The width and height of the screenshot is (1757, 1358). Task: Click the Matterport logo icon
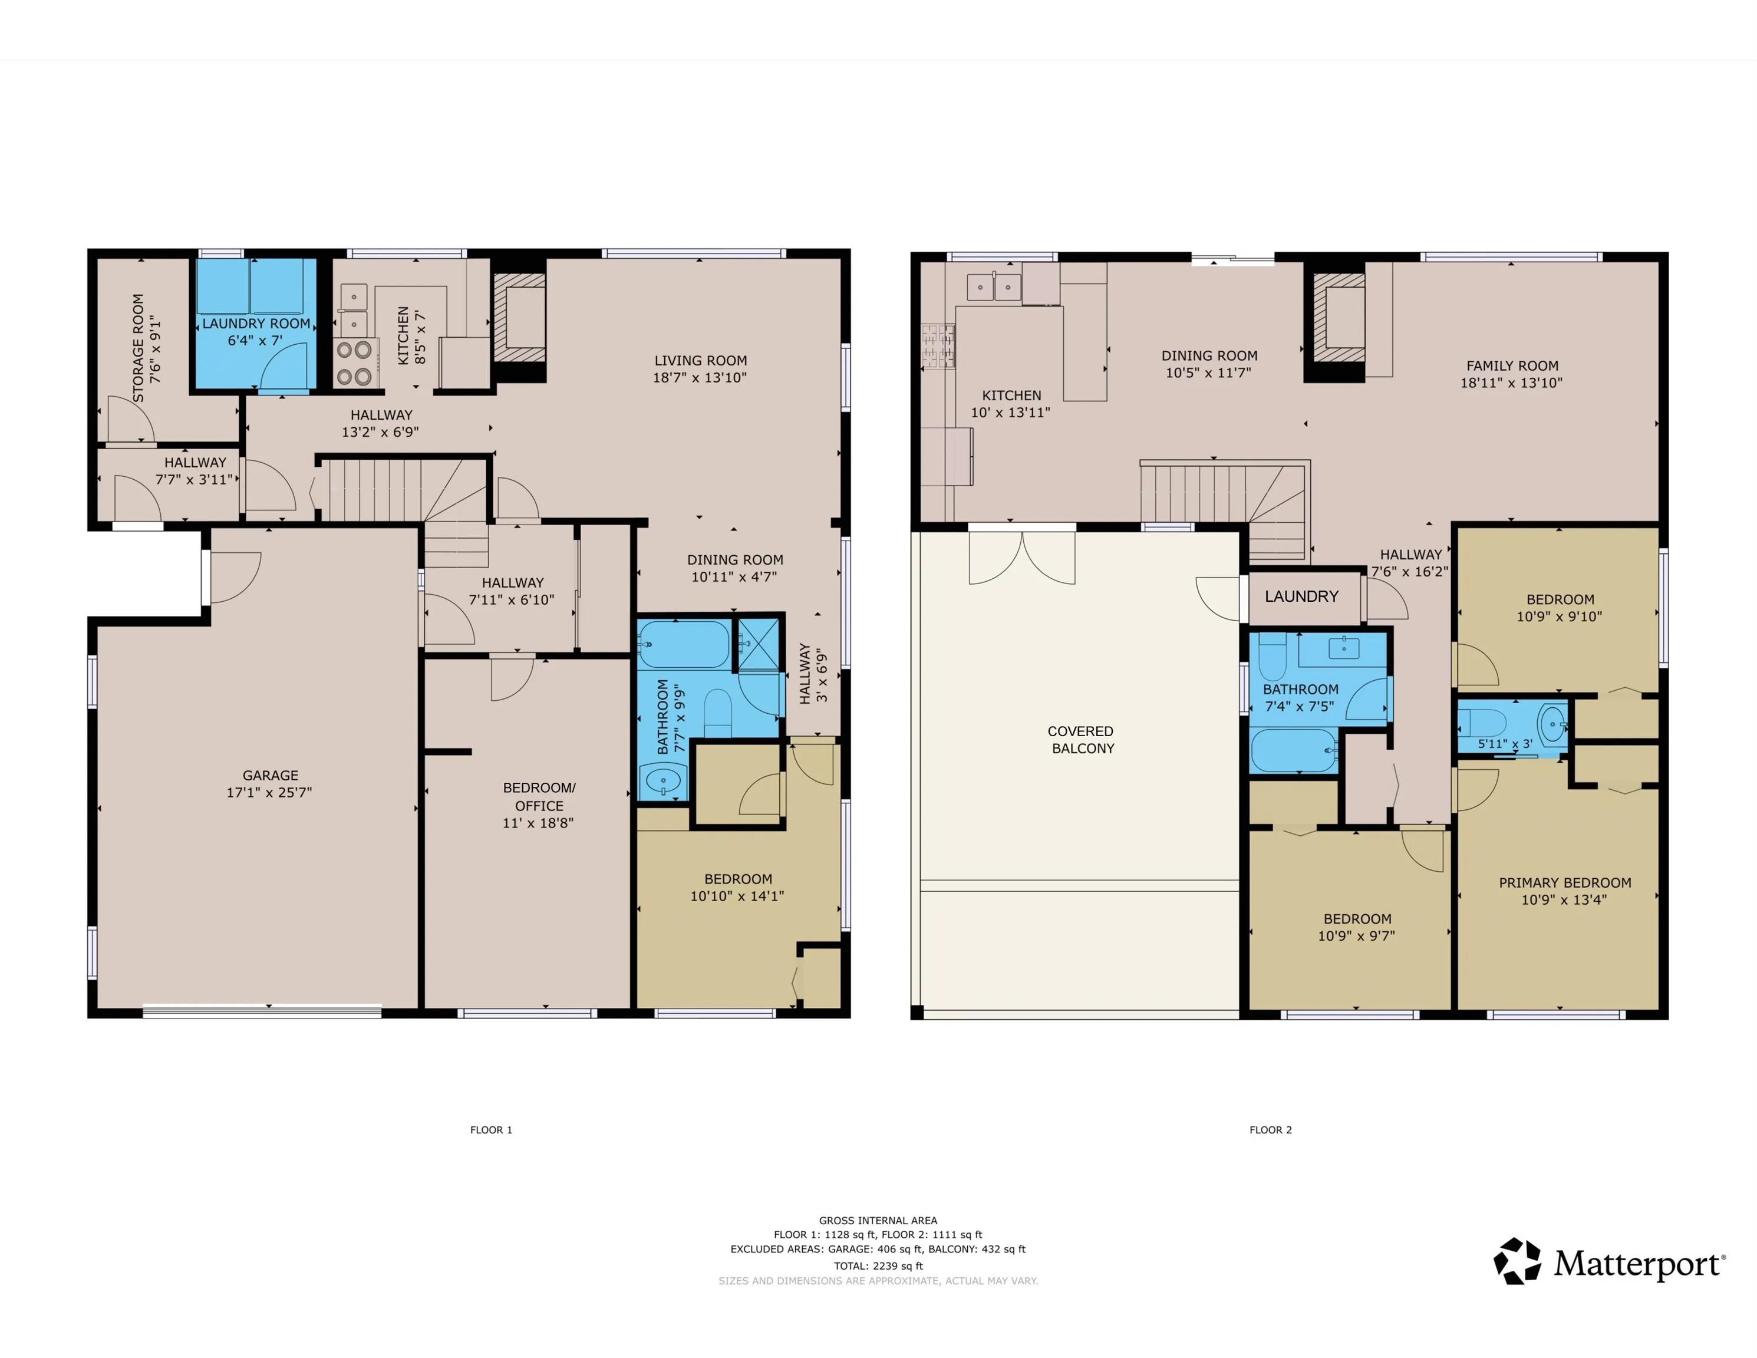(1517, 1261)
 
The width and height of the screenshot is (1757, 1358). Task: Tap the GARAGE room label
(271, 776)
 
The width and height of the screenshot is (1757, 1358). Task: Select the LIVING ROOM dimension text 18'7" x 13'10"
(700, 377)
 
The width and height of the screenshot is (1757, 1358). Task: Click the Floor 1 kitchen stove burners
(354, 363)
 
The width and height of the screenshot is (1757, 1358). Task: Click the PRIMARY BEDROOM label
(1565, 882)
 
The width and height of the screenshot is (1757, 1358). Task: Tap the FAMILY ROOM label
(1512, 366)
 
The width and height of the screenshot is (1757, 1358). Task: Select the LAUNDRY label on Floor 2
(1301, 596)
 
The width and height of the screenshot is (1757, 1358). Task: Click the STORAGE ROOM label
(139, 348)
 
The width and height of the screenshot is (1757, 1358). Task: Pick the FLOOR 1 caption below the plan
(491, 1129)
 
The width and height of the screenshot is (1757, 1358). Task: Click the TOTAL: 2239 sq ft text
(878, 1265)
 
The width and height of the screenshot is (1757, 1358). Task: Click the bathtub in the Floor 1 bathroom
(684, 644)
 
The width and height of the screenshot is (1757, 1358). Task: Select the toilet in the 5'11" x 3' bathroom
(1482, 721)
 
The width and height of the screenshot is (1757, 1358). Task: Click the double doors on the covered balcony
(1021, 558)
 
